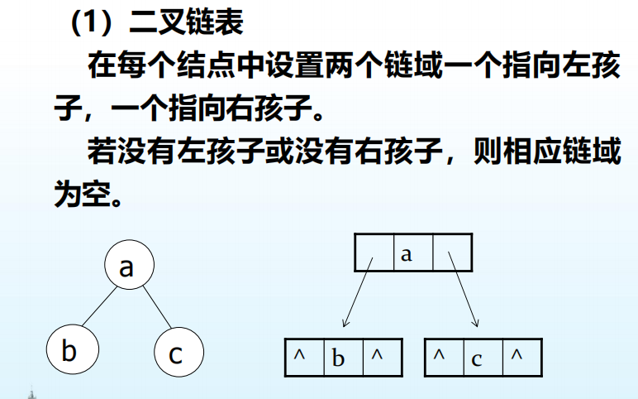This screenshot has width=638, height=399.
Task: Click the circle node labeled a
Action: pyautogui.click(x=126, y=267)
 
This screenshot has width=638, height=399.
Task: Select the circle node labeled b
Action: pyautogui.click(x=69, y=352)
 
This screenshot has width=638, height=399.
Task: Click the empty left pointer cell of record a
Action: pyautogui.click(x=374, y=253)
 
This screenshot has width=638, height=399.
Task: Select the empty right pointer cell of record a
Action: pyautogui.click(x=451, y=253)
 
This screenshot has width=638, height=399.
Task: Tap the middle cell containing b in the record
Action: pyautogui.click(x=339, y=358)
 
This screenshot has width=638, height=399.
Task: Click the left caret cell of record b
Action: pyautogui.click(x=302, y=358)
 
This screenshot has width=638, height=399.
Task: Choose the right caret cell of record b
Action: pyautogui.click(x=379, y=358)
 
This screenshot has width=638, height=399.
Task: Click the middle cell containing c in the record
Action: pyautogui.click(x=477, y=358)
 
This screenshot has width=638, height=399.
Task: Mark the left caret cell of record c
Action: pyautogui.click(x=441, y=358)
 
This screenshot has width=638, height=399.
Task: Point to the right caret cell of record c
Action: pyautogui.click(x=517, y=358)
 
